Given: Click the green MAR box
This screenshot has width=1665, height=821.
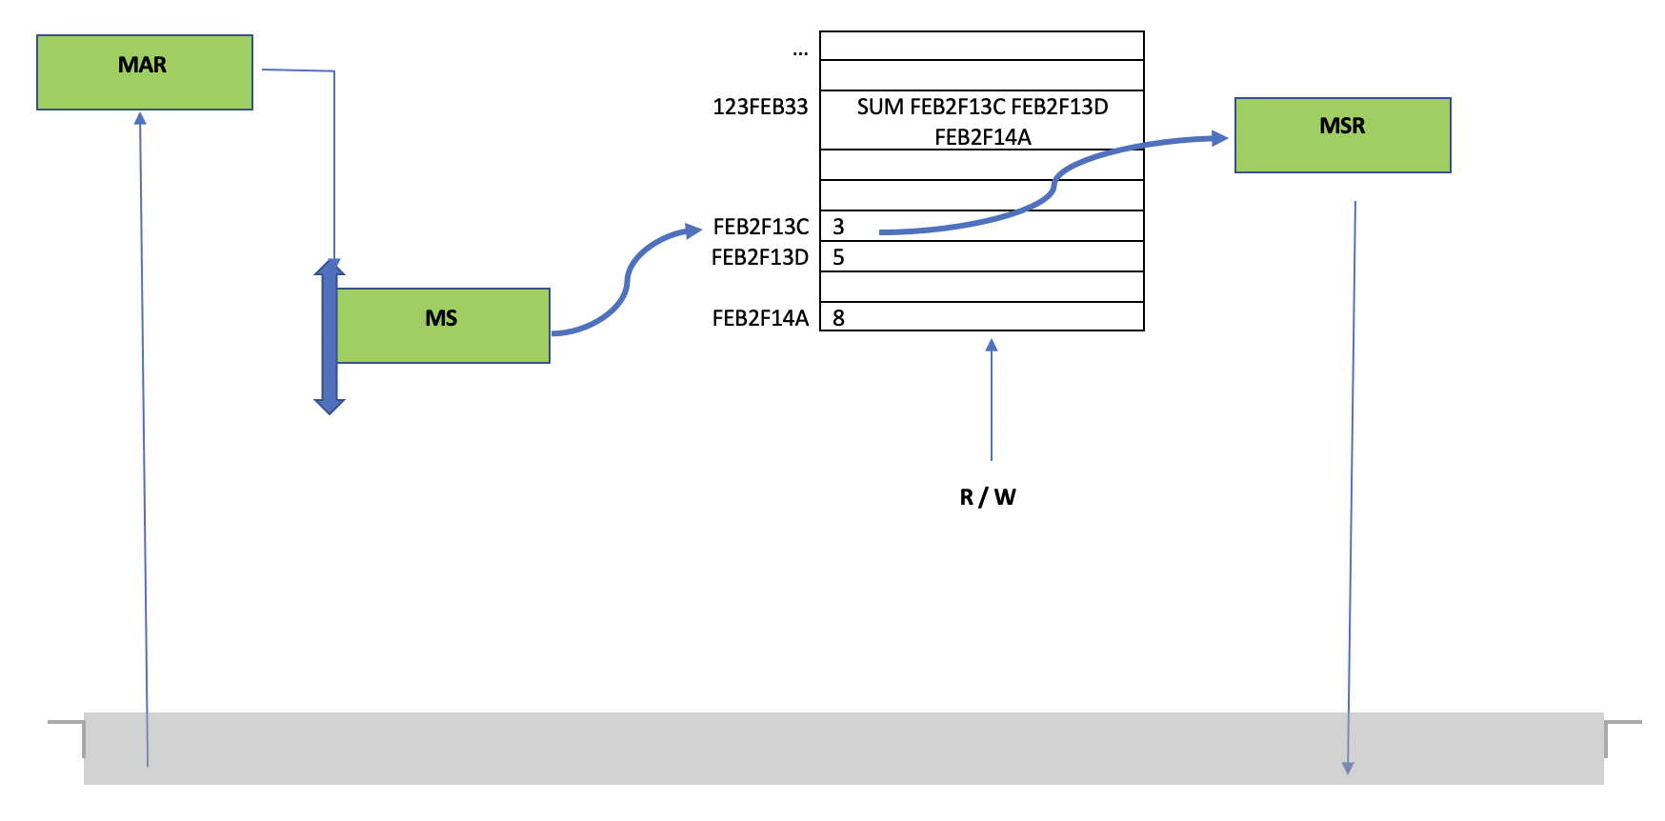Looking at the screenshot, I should click(x=145, y=72).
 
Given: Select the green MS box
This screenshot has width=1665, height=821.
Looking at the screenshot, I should click(x=443, y=325).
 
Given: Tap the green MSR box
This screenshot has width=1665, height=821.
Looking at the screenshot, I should click(x=1342, y=134).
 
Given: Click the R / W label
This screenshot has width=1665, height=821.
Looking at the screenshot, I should click(x=988, y=497).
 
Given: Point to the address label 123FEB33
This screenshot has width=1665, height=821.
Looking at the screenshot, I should click(x=760, y=107).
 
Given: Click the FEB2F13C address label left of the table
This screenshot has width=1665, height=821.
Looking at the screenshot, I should click(x=760, y=227).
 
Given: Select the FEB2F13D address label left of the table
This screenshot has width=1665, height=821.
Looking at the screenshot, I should click(x=760, y=257).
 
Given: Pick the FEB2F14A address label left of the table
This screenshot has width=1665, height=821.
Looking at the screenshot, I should click(x=760, y=318).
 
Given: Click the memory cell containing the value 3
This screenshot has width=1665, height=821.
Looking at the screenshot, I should click(x=981, y=226).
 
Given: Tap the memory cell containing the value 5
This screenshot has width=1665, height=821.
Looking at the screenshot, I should click(x=981, y=256).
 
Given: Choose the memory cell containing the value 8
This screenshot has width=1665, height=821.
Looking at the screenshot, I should click(x=981, y=317).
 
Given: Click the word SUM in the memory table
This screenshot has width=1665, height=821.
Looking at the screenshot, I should click(x=879, y=107).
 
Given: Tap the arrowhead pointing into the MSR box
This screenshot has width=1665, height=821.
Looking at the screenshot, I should click(x=1220, y=138).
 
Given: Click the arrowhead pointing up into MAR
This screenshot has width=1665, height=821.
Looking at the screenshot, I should click(x=140, y=118).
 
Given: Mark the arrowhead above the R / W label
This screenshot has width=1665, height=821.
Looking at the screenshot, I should click(x=992, y=345).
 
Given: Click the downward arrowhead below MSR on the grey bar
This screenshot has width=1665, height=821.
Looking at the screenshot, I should click(x=1348, y=768).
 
